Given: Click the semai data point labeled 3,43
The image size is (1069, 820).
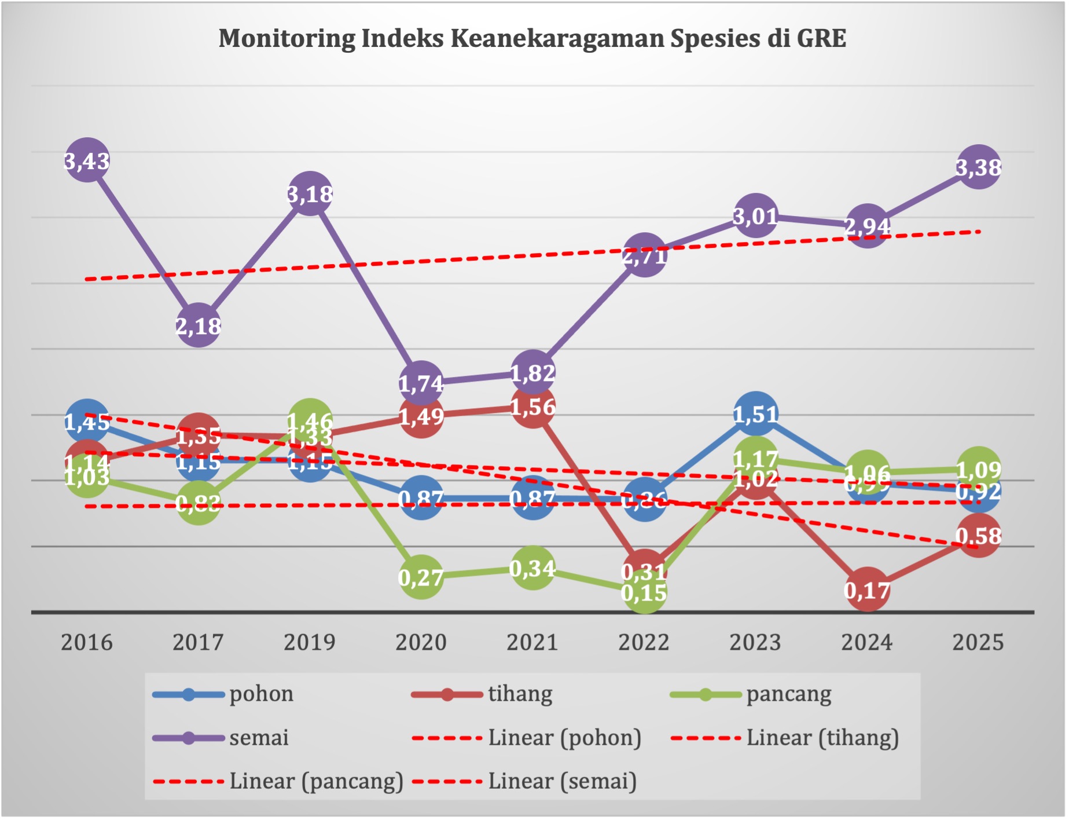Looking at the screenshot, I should tap(87, 160).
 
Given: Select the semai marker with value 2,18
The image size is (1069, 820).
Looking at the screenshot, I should tap(198, 325).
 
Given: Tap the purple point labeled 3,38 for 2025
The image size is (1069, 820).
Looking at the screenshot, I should tap(979, 167).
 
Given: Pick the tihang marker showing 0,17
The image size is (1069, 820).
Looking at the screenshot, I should tap(867, 590).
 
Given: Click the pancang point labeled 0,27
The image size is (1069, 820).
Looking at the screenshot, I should tap(421, 577).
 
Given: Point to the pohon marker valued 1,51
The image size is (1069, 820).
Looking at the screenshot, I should tap(755, 413).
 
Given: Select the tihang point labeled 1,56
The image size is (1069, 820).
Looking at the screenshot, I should tap(532, 407).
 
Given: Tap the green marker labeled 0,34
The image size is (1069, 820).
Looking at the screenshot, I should tap(532, 568).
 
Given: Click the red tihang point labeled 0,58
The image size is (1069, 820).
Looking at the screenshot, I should tap(979, 536).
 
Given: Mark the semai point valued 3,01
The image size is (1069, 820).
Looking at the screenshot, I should tap(755, 216).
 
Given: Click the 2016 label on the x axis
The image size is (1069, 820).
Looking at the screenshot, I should tap(87, 642).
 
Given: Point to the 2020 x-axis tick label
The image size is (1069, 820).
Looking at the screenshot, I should tap(421, 642).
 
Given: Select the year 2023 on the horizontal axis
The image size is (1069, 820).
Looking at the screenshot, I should tap(755, 642).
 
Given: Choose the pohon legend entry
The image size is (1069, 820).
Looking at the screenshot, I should tap(223, 694).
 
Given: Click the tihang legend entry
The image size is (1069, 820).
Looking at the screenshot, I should tap(482, 694).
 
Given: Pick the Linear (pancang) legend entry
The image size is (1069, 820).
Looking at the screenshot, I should tap(278, 781).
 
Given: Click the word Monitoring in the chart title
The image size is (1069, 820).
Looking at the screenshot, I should tap(286, 38).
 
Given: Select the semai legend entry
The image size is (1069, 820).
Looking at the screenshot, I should tap(221, 738).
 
